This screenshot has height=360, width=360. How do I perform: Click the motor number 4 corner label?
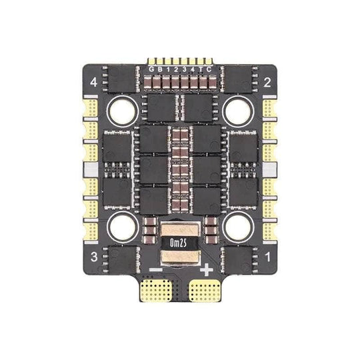94,82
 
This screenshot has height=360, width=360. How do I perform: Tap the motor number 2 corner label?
267,82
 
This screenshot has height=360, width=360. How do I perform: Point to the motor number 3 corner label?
94,257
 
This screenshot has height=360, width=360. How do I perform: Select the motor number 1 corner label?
268,257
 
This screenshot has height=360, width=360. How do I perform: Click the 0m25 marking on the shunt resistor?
178,243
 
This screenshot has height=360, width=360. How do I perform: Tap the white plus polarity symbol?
207,270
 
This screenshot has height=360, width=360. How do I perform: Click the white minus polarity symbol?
156,269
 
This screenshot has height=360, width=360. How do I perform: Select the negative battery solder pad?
156,290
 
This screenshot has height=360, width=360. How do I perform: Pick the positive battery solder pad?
205,290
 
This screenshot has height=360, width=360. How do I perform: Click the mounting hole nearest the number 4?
123,111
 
